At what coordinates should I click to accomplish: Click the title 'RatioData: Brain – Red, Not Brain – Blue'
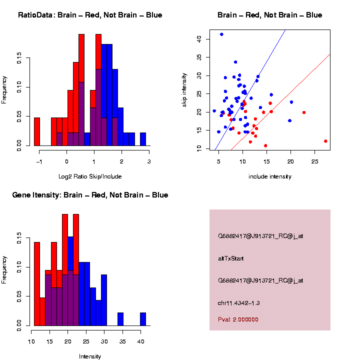coord(90,15)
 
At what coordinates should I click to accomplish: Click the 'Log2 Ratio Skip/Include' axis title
coord(90,176)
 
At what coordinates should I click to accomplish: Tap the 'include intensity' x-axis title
coord(269,176)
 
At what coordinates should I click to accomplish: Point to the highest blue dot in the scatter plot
coord(221,34)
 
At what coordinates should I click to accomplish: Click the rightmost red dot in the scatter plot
coord(325,141)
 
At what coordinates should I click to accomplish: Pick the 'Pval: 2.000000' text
coord(238,319)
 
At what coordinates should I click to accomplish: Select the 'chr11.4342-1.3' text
coord(239,303)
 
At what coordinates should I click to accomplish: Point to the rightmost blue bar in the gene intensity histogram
coord(143,319)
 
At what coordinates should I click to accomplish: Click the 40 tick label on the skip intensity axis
coord(199,38)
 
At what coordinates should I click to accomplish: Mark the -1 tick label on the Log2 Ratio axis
coord(39,161)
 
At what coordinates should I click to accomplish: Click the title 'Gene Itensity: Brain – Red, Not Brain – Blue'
coord(90,195)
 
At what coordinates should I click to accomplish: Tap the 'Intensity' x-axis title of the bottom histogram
coord(90,356)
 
